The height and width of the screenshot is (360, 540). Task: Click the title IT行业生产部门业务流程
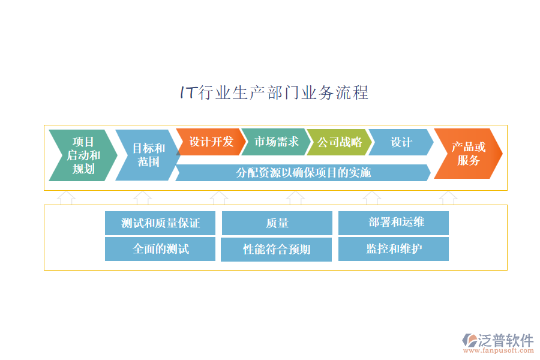274,93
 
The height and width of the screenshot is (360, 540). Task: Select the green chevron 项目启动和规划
83,155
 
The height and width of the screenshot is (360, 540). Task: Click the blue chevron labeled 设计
401,142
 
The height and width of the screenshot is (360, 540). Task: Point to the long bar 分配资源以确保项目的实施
303,173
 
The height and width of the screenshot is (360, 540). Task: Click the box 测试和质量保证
160,223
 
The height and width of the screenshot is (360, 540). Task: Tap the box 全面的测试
160,249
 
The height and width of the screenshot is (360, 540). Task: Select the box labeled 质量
277,223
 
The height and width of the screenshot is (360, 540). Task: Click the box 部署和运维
394,223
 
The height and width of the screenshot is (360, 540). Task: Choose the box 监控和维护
394,249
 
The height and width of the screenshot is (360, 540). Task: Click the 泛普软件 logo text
506,340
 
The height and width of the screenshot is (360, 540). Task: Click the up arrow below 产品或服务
448,198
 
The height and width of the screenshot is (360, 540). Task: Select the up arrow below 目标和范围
142,198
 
